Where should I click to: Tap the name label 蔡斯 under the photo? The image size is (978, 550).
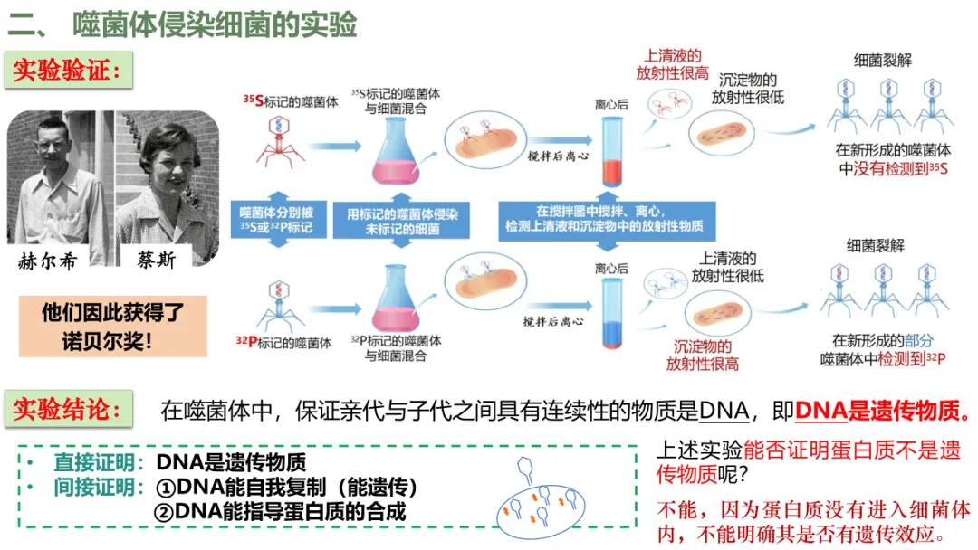tap(158, 261)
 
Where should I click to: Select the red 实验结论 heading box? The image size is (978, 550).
tap(68, 409)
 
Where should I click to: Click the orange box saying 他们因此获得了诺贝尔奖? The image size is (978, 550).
tap(113, 327)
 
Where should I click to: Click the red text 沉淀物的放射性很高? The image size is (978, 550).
tap(702, 355)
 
